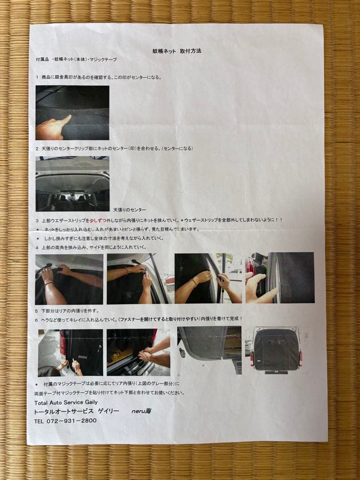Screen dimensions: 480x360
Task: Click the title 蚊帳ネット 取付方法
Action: coord(177,51)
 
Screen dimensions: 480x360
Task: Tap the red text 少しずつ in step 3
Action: coord(100,220)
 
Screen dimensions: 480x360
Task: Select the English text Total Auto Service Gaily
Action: coord(66,402)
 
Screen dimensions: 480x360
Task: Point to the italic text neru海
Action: coord(141,411)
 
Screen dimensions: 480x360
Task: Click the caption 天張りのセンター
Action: coord(129,209)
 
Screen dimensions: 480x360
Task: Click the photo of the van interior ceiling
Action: coord(72,184)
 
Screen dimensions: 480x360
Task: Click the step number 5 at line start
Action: coord(37,311)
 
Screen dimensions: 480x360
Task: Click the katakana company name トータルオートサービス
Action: coord(64,412)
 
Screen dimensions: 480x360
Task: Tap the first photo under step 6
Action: coord(71,352)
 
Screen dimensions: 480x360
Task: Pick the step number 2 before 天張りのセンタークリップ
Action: coord(37,148)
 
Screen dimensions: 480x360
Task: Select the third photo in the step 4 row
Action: coord(208,278)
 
